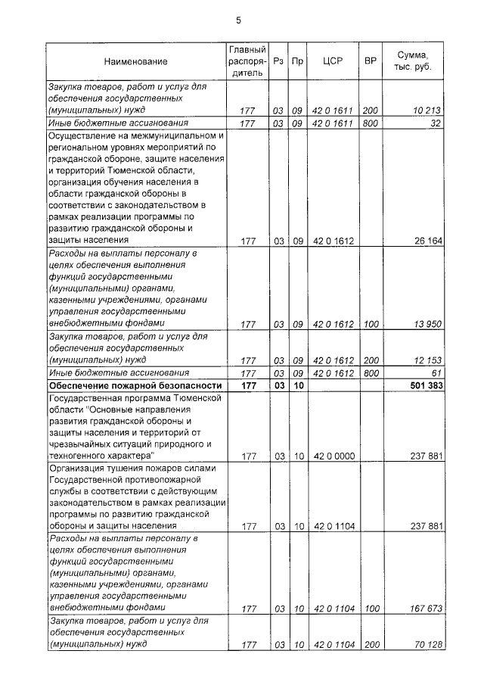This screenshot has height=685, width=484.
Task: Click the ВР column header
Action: (371, 60)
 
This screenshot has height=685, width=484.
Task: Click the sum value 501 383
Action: (423, 385)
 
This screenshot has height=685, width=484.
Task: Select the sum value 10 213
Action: (427, 111)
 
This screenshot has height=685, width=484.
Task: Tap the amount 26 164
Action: (427, 241)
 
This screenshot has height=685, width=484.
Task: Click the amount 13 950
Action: (427, 324)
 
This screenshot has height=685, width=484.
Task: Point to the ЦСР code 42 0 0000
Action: (334, 456)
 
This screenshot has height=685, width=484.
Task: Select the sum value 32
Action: (435, 123)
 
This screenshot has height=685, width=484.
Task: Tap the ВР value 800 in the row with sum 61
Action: (370, 373)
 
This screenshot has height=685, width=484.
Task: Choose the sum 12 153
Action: (427, 360)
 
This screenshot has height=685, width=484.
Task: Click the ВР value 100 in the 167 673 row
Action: (370, 607)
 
